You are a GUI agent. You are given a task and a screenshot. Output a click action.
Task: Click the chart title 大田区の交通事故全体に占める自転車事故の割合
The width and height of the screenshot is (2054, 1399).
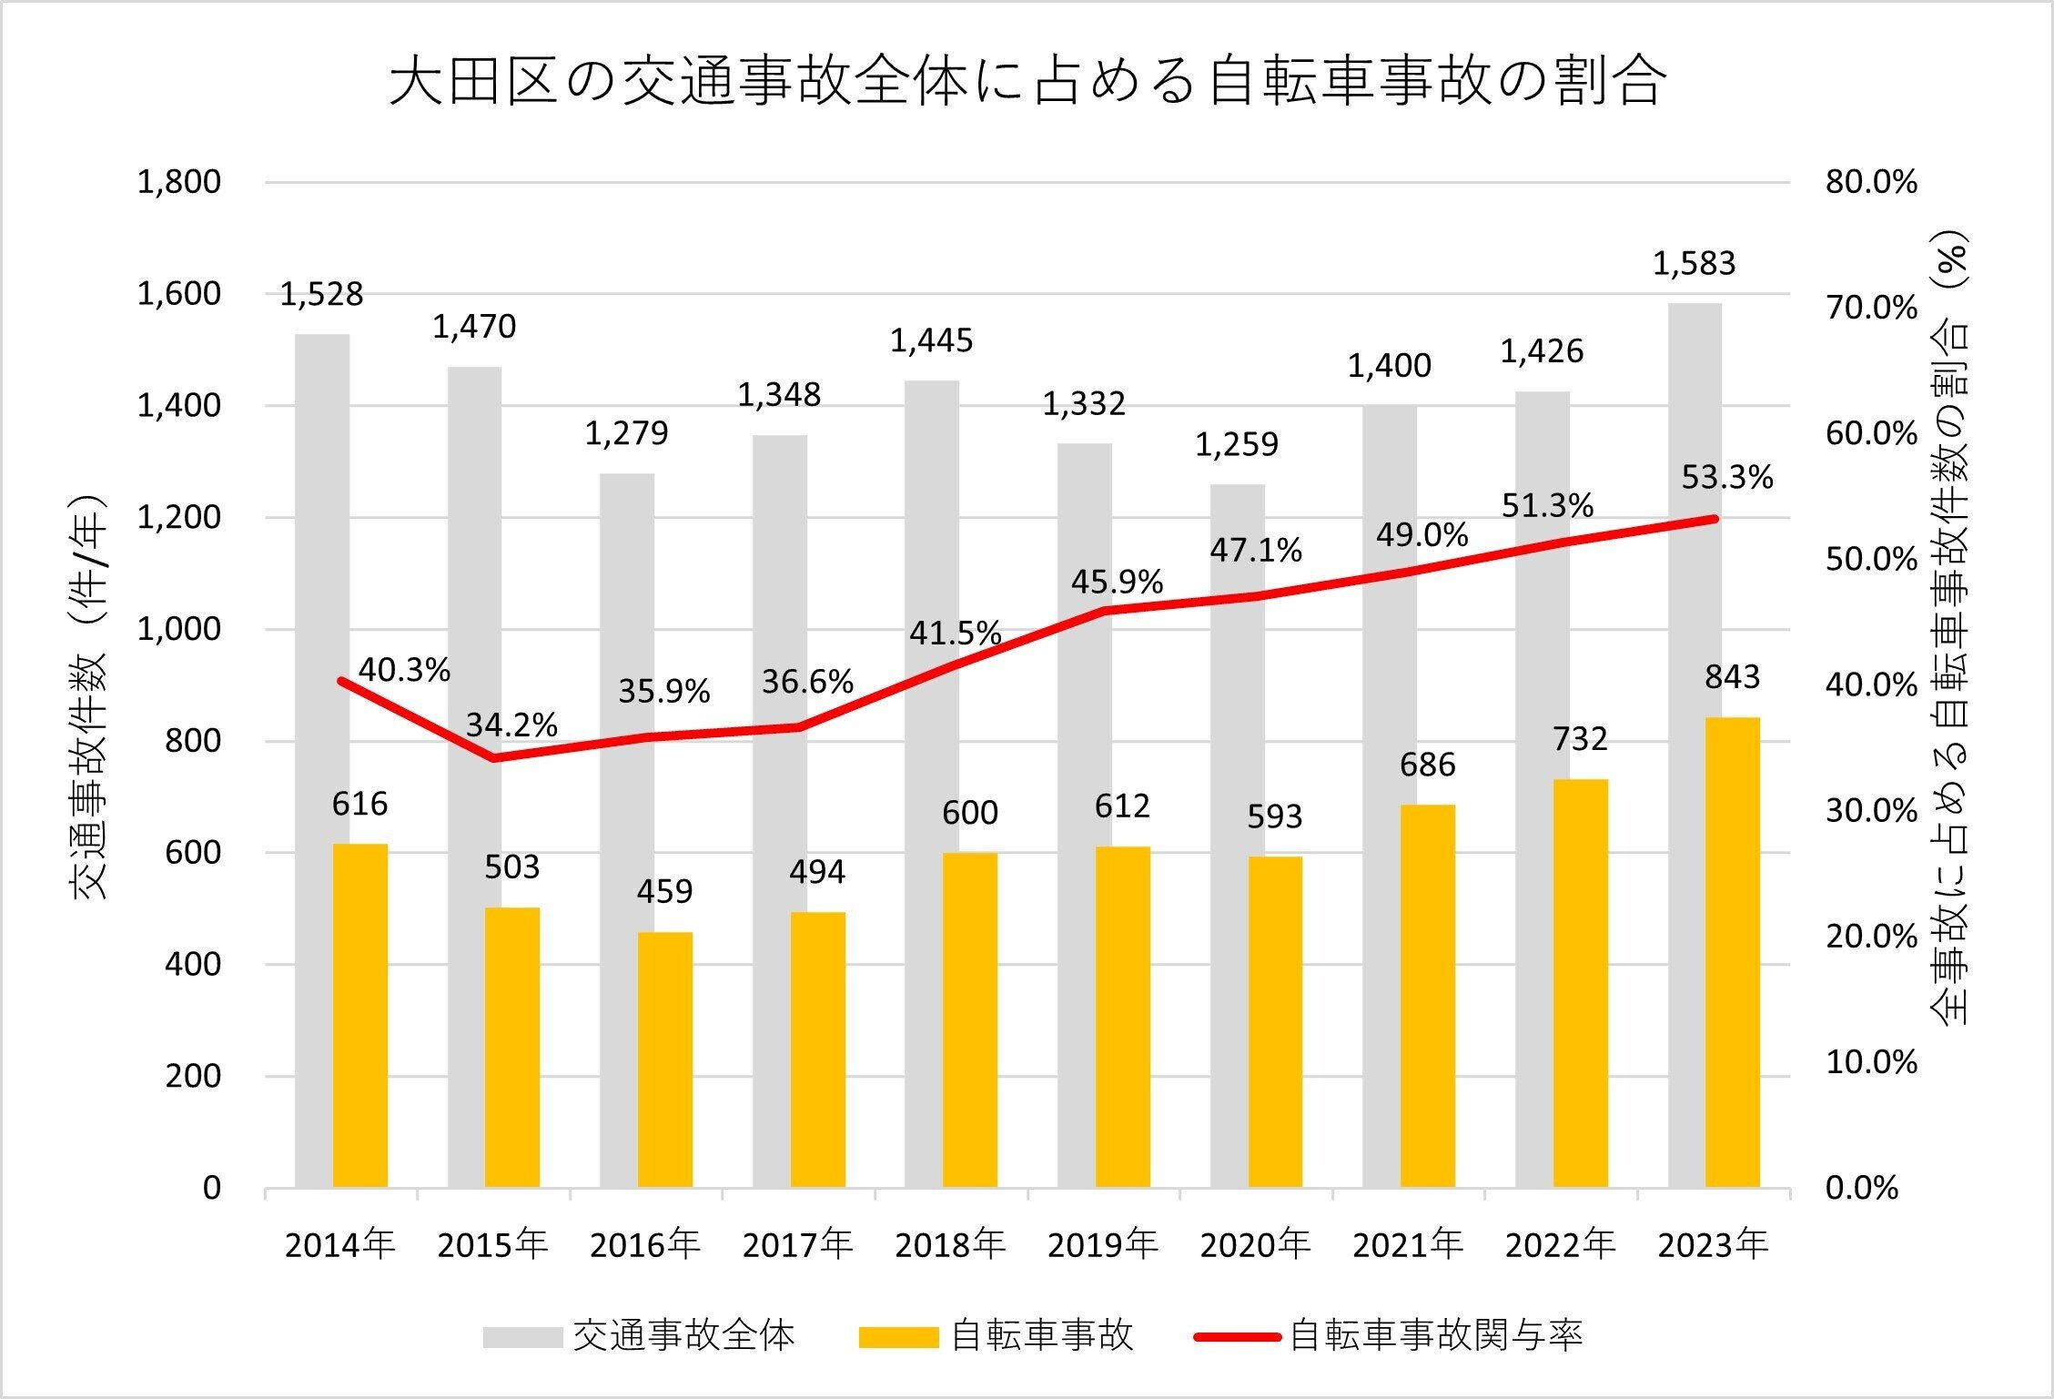tap(1028, 82)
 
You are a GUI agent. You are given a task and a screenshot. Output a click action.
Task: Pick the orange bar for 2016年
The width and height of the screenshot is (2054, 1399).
tap(664, 1059)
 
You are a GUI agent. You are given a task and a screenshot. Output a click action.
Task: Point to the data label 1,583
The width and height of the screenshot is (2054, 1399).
tap(1694, 264)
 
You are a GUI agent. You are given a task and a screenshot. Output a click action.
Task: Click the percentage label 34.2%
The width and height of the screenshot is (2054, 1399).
tap(511, 725)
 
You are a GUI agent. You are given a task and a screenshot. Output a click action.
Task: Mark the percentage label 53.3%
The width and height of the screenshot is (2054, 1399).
tap(1726, 477)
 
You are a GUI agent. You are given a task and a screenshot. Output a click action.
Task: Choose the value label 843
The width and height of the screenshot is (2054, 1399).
tap(1732, 677)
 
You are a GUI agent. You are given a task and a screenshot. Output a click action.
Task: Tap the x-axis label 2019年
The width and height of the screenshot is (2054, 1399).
tap(1102, 1245)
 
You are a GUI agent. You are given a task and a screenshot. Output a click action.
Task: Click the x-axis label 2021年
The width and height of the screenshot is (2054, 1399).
tap(1407, 1245)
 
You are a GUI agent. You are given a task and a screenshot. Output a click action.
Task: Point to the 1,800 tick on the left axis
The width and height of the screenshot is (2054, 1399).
tap(179, 182)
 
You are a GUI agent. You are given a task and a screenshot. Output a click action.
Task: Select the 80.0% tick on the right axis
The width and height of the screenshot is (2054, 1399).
tap(1870, 182)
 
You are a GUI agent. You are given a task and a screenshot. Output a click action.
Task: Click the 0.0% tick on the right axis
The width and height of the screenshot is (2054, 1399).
tap(1861, 1188)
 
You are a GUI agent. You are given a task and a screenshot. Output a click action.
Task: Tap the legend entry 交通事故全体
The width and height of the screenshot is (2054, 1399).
tap(683, 1336)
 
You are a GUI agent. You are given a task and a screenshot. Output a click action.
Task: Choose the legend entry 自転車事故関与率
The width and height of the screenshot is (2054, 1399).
tap(1435, 1336)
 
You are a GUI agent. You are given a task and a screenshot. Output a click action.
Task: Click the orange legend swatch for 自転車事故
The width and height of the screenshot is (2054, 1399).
tap(898, 1337)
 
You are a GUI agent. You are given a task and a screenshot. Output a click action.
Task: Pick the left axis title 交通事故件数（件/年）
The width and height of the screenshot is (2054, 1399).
tap(89, 696)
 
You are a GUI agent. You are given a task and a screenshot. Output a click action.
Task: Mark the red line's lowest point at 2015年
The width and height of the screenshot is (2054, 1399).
tap(493, 757)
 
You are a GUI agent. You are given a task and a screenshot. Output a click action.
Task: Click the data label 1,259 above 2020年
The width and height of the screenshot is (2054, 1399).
tap(1236, 445)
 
